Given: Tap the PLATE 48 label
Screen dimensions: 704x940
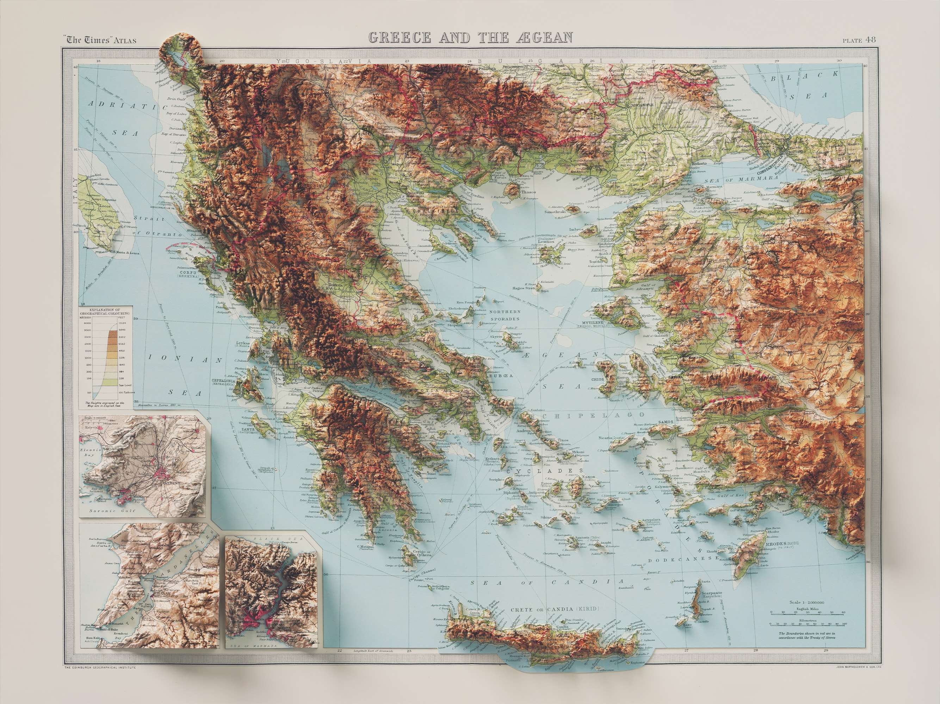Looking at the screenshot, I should coord(859,40).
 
